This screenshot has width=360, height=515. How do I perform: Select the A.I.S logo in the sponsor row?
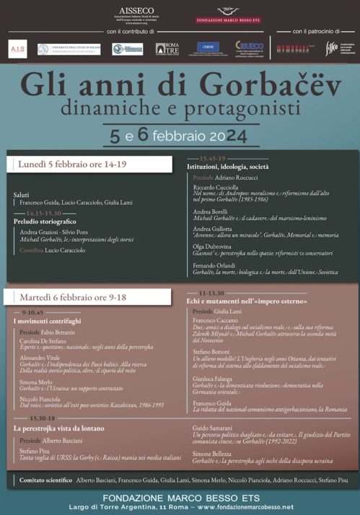click(x=17, y=49)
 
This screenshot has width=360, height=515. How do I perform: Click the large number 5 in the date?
click(x=135, y=134)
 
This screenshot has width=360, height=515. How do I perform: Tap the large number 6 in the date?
click(x=166, y=134)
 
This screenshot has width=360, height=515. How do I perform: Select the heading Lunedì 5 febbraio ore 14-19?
click(x=72, y=164)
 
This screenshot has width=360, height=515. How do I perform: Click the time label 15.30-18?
click(x=43, y=418)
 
